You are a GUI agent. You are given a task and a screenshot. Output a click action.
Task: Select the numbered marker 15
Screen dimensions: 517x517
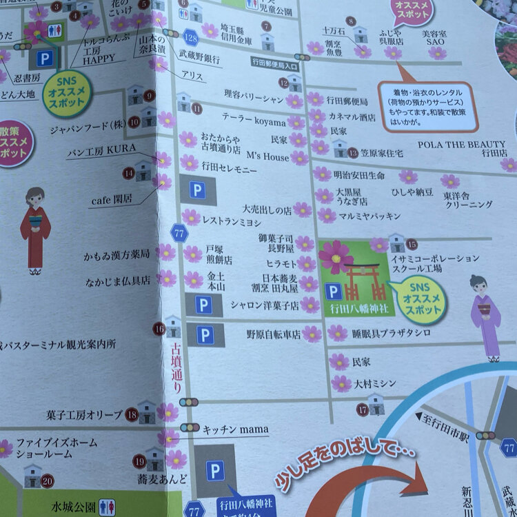pyautogui.click(x=412, y=244)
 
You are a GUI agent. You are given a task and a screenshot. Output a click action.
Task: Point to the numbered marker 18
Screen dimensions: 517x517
pyautogui.click(x=131, y=414)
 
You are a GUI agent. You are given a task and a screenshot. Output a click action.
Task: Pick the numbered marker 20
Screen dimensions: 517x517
pyautogui.click(x=47, y=480)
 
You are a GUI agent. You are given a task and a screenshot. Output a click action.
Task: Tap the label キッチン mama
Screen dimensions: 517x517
pyautogui.click(x=228, y=429)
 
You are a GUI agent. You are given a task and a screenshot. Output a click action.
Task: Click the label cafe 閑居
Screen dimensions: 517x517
pyautogui.click(x=112, y=200)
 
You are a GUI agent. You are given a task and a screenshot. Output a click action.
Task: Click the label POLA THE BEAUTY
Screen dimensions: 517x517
pyautogui.click(x=462, y=144)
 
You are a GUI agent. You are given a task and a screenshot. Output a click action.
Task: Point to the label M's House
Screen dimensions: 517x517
pyautogui.click(x=267, y=157)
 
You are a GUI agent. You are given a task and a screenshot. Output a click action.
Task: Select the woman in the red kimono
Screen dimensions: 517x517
pyautogui.click(x=35, y=227)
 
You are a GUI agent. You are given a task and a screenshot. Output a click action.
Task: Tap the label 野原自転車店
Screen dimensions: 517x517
pyautogui.click(x=274, y=334)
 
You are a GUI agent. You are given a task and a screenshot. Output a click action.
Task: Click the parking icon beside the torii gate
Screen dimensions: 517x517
pyautogui.click(x=333, y=292)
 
